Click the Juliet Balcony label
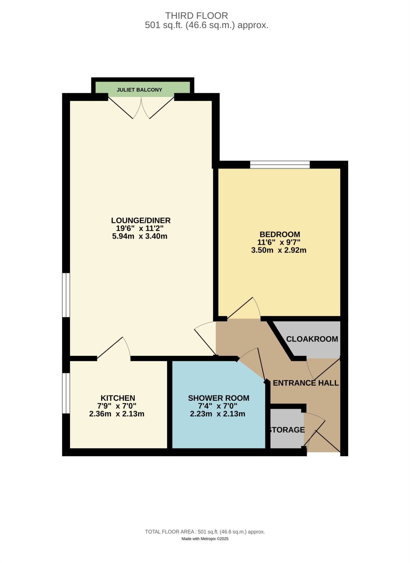point(139,90)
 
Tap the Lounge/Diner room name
point(141,220)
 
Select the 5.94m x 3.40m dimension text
point(139,236)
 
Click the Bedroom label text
point(280,234)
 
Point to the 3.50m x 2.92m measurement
point(278,250)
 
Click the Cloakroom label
point(312,339)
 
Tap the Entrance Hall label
point(305,383)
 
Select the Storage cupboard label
point(287,430)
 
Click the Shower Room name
point(218,398)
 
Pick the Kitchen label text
point(118,398)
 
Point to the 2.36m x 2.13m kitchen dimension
point(117,414)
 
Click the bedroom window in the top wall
point(280,165)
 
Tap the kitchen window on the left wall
point(66,393)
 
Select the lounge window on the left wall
point(66,295)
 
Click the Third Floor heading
point(196,16)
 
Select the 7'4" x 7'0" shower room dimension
point(217,406)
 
